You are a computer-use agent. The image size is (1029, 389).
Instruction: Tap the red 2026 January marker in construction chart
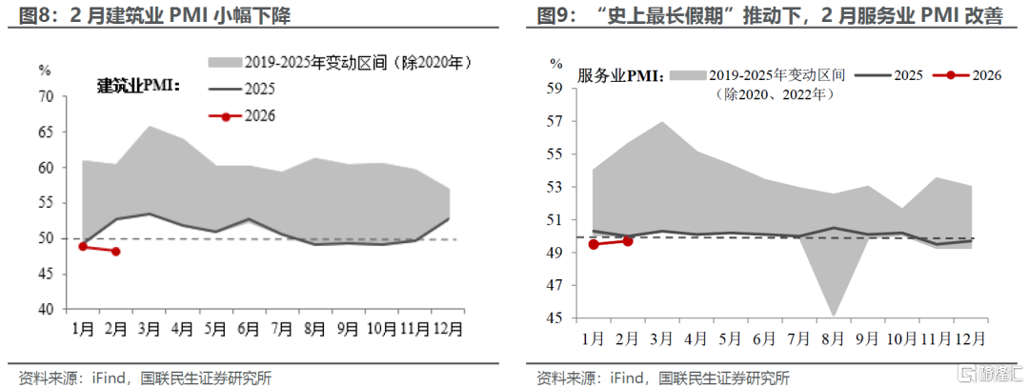[83, 246]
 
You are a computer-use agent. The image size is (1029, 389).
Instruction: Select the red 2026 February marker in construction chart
[116, 251]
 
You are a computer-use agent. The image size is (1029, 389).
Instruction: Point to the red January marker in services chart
[594, 244]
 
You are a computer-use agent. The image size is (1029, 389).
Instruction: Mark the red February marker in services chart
[627, 241]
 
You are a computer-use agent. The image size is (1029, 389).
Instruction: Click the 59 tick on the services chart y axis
[556, 89]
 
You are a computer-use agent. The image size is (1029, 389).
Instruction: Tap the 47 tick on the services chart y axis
[556, 286]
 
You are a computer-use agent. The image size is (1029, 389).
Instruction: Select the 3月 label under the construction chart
[149, 327]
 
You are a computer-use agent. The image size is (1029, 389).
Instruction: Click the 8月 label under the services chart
[832, 338]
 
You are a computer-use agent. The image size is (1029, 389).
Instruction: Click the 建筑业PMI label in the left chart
[139, 85]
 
